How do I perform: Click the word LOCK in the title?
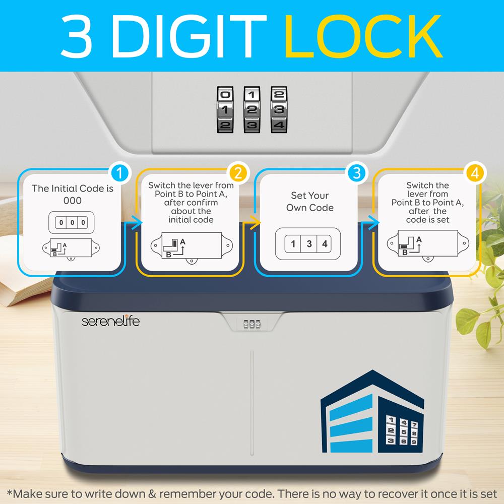[x=363, y=36]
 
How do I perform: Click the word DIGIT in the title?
[x=188, y=36]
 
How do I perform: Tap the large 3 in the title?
[x=76, y=36]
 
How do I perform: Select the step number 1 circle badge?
[x=119, y=173]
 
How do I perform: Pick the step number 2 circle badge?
[x=238, y=173]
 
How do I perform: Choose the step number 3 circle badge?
[x=356, y=173]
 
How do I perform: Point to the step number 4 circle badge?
[x=475, y=173]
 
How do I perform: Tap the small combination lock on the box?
[x=252, y=324]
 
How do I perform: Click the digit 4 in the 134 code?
[x=325, y=244]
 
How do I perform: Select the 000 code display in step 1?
[x=72, y=222]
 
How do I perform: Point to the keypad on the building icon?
[x=402, y=431]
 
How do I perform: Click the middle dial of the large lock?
[x=251, y=109]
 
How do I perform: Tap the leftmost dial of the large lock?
[x=225, y=109]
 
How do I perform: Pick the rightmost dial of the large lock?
[x=279, y=109]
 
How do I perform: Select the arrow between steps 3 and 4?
[x=369, y=223]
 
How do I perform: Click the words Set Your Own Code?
[x=310, y=202]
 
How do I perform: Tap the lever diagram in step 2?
[x=192, y=245]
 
